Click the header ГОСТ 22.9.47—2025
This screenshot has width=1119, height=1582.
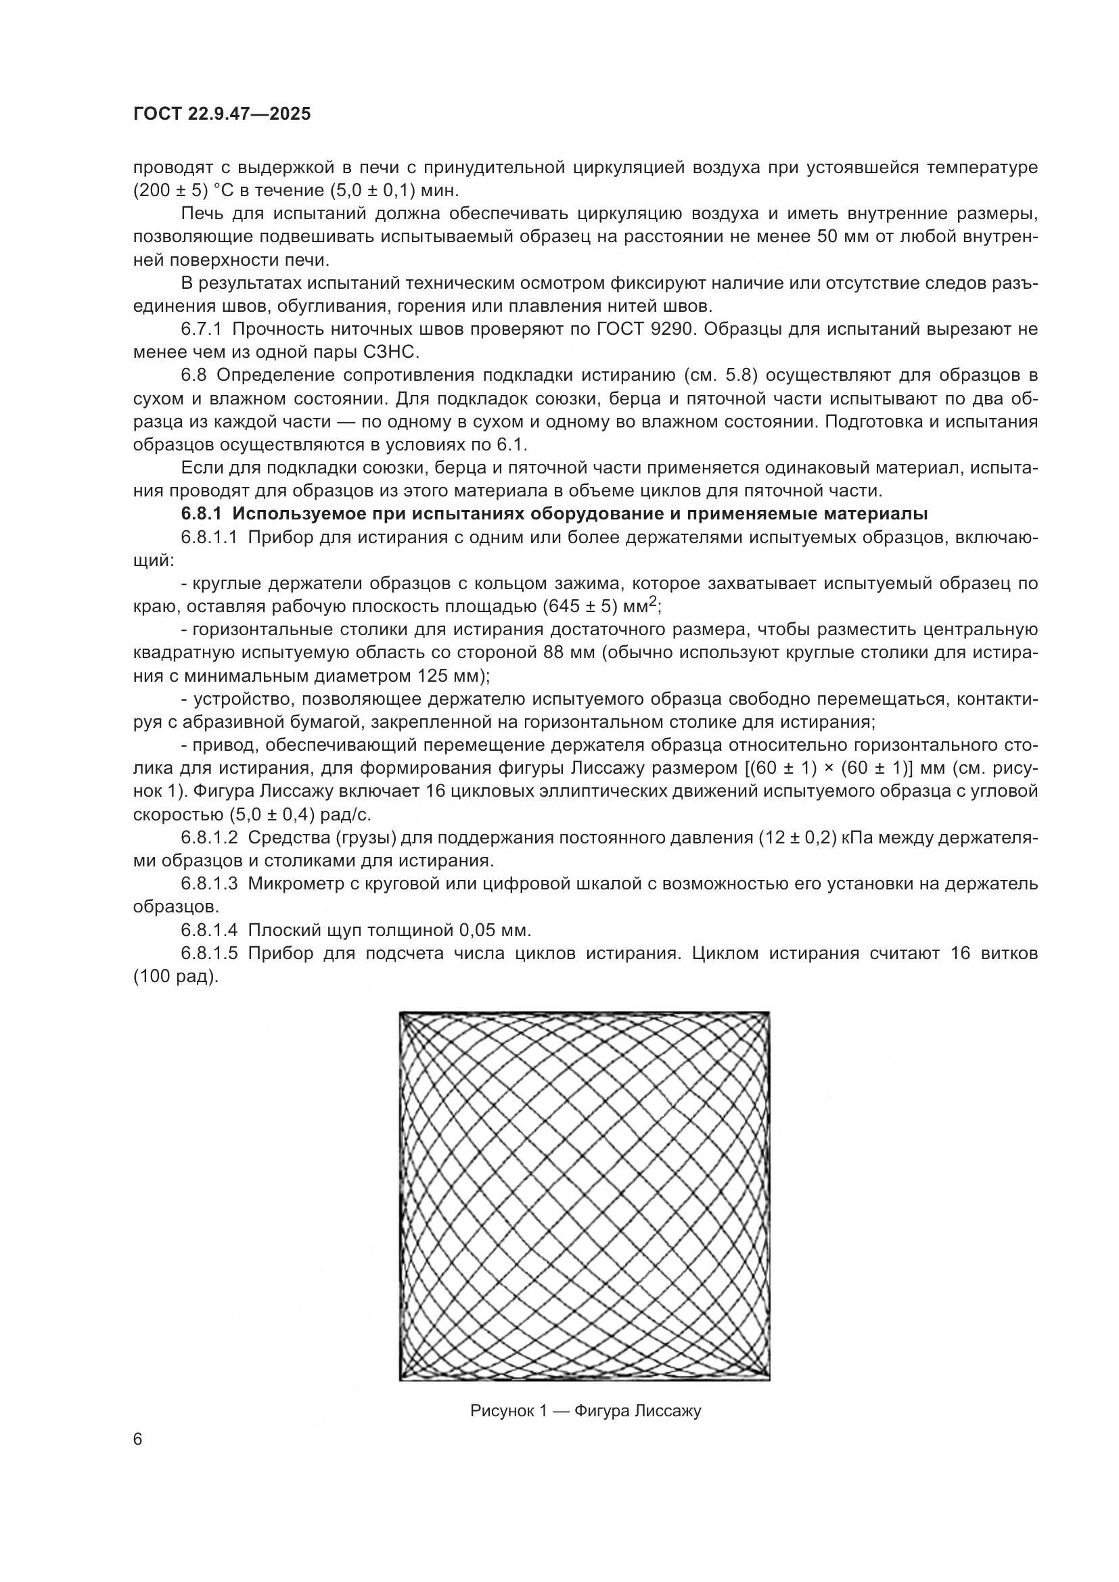point(222,114)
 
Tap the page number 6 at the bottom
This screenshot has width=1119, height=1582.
point(138,1439)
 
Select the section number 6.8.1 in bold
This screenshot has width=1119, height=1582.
point(202,514)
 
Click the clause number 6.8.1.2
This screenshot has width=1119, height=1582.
point(209,838)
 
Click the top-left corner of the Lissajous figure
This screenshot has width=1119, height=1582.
point(401,1013)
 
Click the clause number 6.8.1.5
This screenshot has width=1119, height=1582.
point(209,954)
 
